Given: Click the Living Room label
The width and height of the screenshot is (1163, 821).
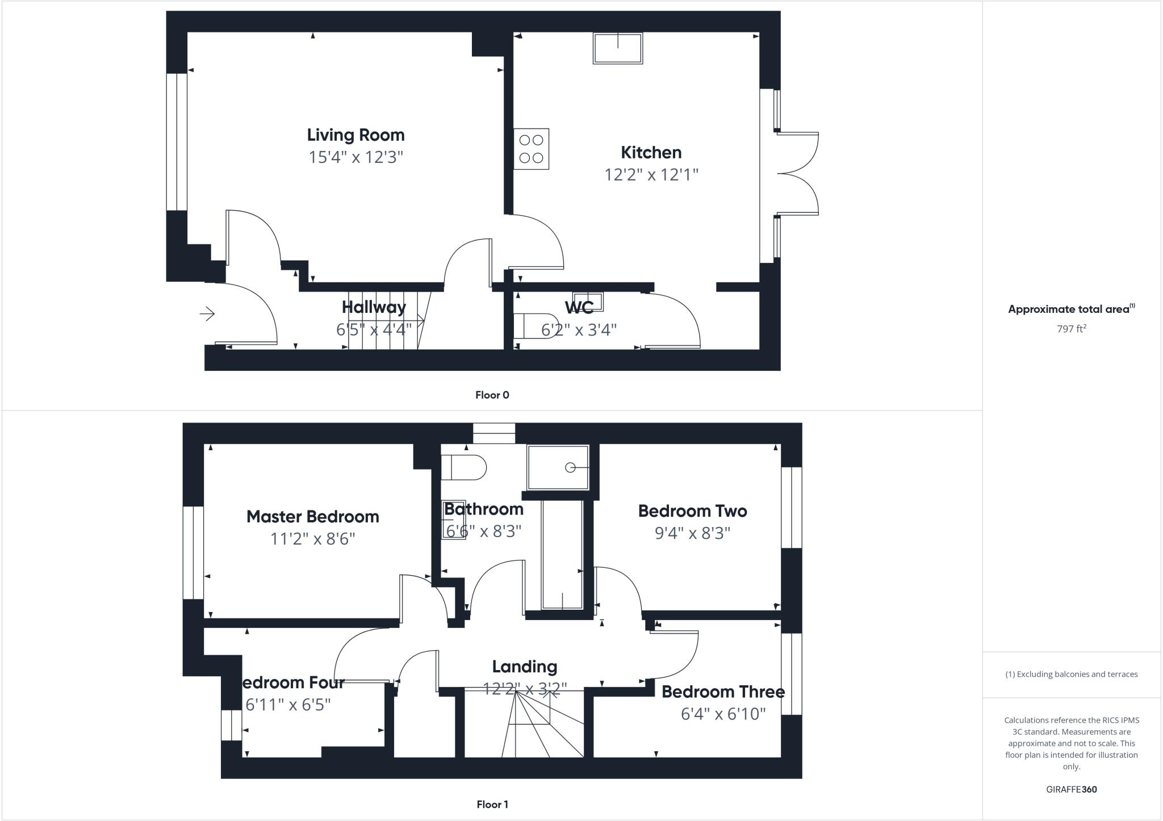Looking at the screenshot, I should [355, 135].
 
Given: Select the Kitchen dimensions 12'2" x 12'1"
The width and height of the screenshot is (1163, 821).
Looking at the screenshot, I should [651, 174].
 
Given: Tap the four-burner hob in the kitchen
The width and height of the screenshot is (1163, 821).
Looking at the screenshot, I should [531, 149].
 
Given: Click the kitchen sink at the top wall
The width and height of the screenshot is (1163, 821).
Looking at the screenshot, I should [618, 48].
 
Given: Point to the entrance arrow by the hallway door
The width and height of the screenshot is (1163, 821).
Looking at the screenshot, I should [207, 313].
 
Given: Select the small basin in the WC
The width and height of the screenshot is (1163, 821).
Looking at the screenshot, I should [587, 301].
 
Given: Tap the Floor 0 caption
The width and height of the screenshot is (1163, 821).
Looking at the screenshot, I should [492, 395].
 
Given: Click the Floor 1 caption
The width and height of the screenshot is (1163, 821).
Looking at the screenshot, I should [492, 805].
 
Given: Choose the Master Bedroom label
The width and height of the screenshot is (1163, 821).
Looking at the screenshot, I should [312, 517].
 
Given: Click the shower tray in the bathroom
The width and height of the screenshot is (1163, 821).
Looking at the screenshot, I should [558, 467].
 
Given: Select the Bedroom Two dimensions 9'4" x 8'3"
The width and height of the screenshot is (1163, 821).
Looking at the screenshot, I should [692, 533].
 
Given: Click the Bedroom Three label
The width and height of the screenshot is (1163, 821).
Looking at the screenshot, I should [722, 692].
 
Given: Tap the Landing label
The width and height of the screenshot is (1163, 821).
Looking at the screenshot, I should [524, 667].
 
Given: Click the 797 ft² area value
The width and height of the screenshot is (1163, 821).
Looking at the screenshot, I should [1071, 329].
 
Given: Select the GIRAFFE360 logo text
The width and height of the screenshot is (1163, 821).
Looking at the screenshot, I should [1071, 789].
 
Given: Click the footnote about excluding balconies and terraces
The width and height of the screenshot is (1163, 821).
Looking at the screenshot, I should [1071, 675].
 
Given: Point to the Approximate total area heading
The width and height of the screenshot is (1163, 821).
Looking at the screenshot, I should [1070, 309].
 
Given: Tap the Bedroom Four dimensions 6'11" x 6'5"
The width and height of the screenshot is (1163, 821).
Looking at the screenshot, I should [288, 705].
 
